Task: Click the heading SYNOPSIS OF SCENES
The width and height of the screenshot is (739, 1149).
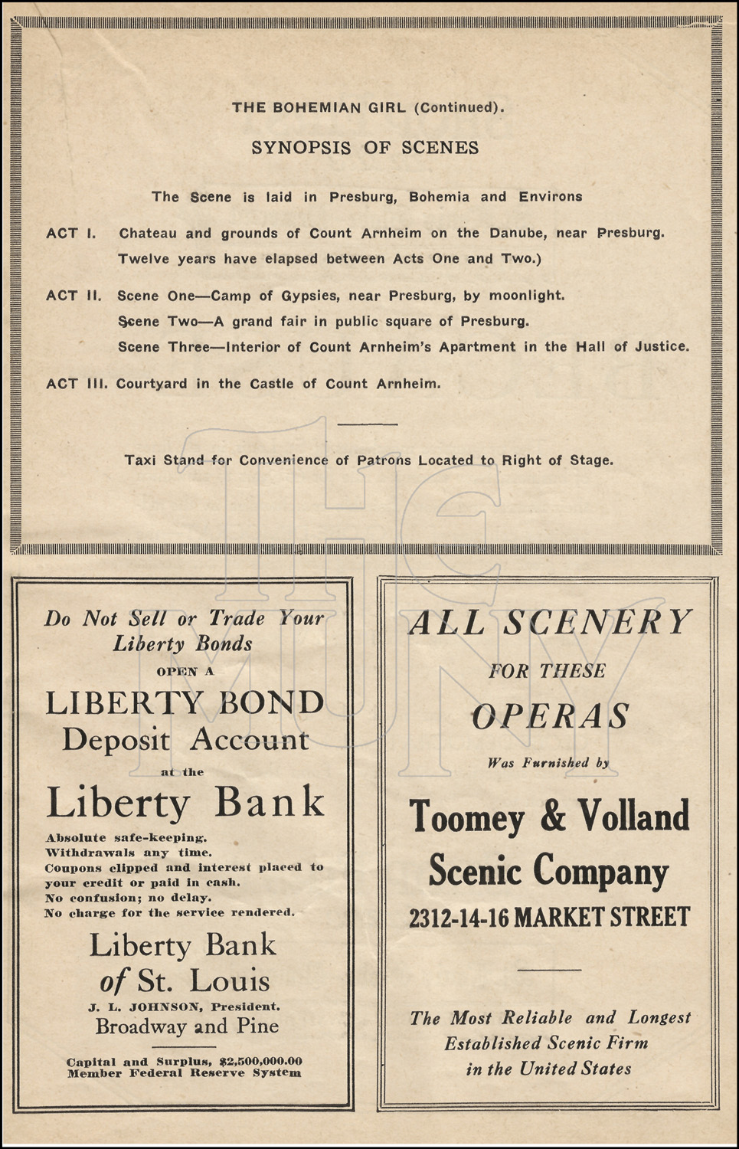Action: [365, 148]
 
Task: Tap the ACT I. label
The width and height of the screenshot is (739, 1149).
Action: [71, 234]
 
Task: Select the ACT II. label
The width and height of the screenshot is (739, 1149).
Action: [74, 296]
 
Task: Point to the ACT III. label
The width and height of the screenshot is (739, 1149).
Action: [77, 384]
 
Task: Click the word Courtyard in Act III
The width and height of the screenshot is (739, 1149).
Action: [152, 384]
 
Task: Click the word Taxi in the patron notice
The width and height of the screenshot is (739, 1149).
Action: [139, 460]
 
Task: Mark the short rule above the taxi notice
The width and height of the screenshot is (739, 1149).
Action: [367, 424]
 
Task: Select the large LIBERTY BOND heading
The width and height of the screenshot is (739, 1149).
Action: [185, 703]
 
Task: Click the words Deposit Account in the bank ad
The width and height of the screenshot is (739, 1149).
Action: [185, 740]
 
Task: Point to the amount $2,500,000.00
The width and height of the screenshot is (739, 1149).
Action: [260, 1062]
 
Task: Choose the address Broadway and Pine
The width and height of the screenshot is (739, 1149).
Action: [187, 1026]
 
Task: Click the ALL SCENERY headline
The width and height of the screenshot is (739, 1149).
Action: [550, 622]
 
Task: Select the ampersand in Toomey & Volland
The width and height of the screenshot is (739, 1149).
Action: [551, 817]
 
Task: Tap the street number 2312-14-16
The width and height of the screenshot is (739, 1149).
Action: [458, 918]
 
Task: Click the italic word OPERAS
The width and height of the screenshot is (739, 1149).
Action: [550, 717]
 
